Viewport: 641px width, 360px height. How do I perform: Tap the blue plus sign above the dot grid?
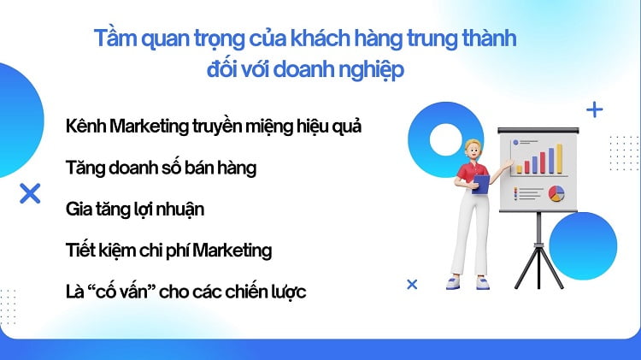coord(594,109)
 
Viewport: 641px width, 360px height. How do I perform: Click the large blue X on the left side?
coord(30,193)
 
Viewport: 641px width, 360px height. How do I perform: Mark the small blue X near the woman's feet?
coord(412,284)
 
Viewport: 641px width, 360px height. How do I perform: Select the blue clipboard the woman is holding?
coord(482,183)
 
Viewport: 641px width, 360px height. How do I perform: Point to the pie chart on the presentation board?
coord(556,193)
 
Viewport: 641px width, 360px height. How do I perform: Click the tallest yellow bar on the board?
coord(559,158)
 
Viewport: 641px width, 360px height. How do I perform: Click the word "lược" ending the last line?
coord(287,292)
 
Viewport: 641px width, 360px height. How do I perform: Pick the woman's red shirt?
coord(468,174)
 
